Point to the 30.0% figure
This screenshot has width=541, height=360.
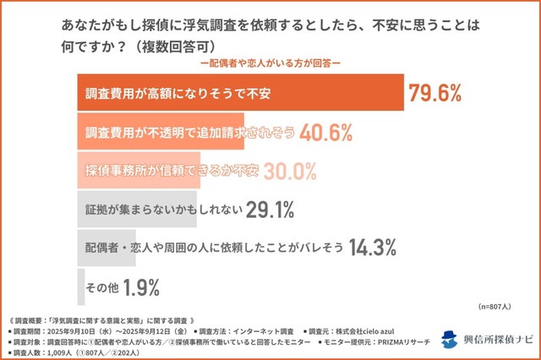290,172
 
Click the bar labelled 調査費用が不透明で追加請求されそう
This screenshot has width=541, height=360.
161,133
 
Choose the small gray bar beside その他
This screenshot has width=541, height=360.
79,287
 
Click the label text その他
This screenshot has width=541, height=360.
101,287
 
